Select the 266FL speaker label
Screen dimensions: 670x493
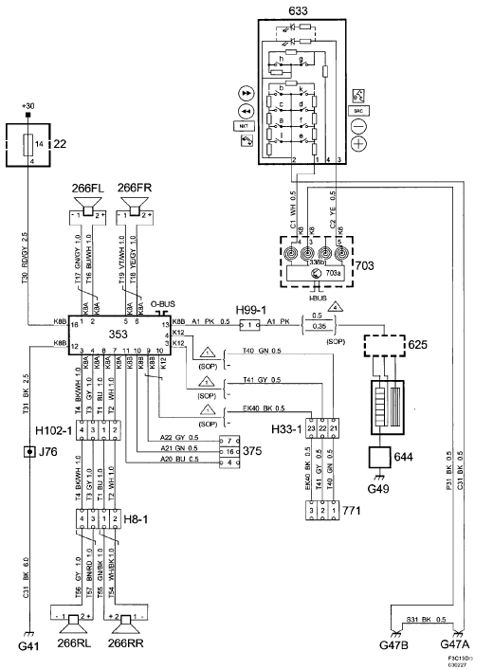[88, 188]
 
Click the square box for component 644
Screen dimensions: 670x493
[385, 457]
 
